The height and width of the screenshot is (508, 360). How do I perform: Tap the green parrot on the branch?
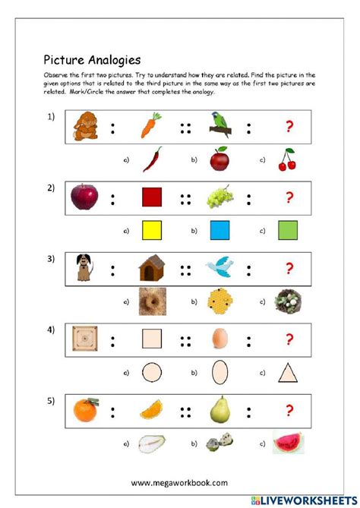220,124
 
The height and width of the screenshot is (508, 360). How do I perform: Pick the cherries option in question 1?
287,159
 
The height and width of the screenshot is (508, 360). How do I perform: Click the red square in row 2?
152,198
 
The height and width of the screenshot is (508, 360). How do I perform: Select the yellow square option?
152,231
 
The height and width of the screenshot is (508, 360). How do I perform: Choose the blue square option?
219,231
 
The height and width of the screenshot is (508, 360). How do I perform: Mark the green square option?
288,231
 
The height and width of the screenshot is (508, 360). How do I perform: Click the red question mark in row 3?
289,268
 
